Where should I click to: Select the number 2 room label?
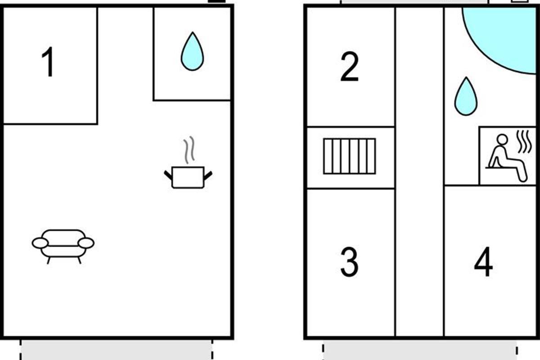pyautogui.click(x=350, y=67)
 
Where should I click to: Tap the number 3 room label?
pyautogui.click(x=349, y=261)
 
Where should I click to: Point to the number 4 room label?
pyautogui.click(x=483, y=261)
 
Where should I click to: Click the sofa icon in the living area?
pyautogui.click(x=63, y=247)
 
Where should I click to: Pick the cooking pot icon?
pyautogui.click(x=188, y=177)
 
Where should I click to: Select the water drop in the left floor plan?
pyautogui.click(x=193, y=51)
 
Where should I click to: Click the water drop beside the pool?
pyautogui.click(x=466, y=96)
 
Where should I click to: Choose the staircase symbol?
pyautogui.click(x=350, y=156)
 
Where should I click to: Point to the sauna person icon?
pyautogui.click(x=506, y=158)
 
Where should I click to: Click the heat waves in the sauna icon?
pyautogui.click(x=524, y=142)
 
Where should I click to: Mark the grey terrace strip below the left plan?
pyautogui.click(x=116, y=350)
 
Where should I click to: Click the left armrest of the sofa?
pyautogui.click(x=40, y=243)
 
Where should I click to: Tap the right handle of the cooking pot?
pyautogui.click(x=208, y=175)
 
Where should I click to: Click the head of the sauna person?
pyautogui.click(x=502, y=139)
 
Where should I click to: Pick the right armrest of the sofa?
pyautogui.click(x=86, y=243)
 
